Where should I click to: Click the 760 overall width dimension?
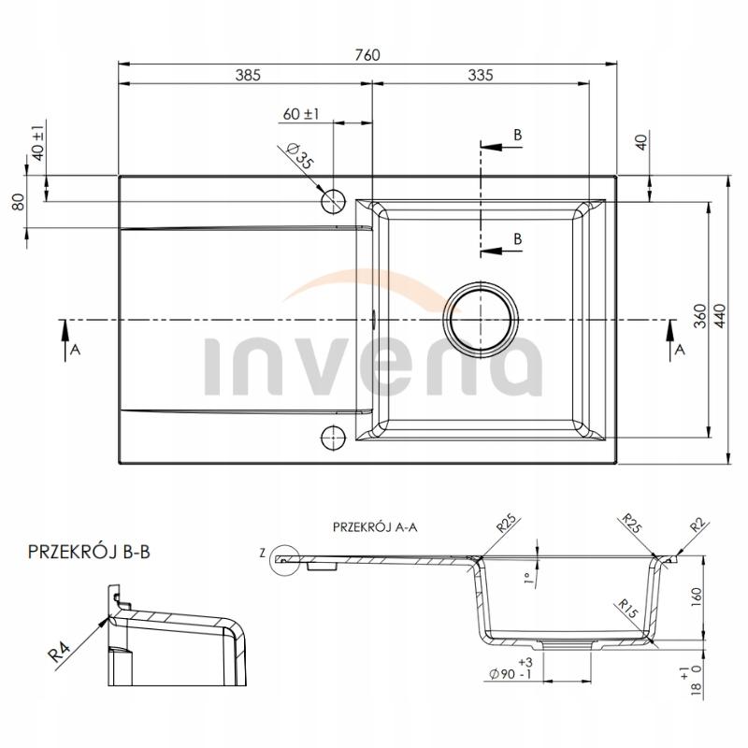(367, 55)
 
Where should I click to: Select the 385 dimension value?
(248, 76)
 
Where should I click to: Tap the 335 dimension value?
(481, 76)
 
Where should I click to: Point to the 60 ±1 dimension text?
(301, 114)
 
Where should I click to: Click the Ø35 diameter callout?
(299, 155)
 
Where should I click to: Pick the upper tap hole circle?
(333, 201)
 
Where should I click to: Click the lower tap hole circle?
(333, 437)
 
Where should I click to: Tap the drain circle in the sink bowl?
(481, 319)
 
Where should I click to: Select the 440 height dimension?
(720, 315)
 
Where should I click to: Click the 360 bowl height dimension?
(699, 315)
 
